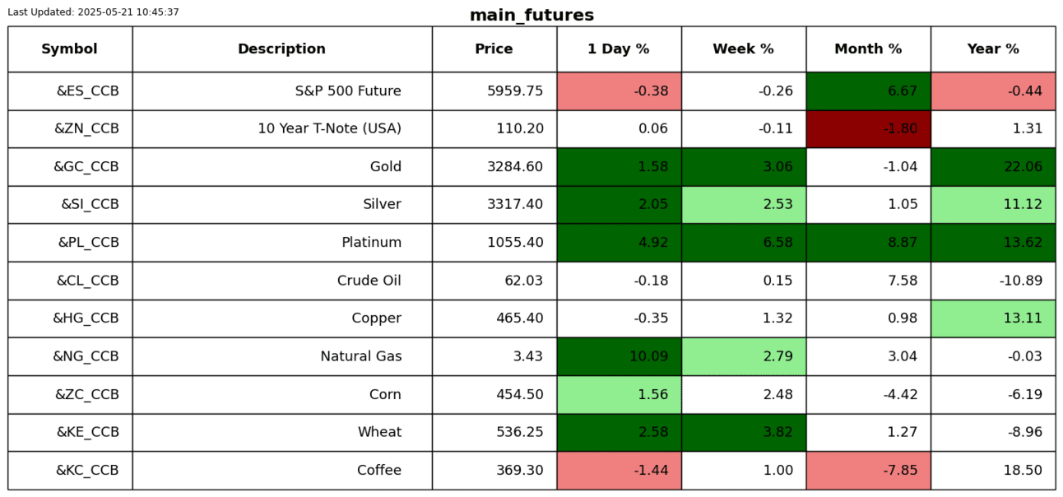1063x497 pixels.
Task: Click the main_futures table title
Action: [531, 15]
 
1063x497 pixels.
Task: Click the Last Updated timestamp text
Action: [94, 12]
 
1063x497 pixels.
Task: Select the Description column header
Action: [282, 49]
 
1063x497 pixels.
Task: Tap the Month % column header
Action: [868, 49]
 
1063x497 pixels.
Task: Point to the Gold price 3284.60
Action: [515, 166]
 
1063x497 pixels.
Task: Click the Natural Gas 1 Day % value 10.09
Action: [648, 356]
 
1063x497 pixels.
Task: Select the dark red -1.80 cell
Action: [869, 129]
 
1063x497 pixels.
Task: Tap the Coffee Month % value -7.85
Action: [900, 470]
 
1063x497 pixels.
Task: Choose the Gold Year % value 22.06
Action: [1023, 166]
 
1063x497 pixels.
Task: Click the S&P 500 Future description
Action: [348, 91]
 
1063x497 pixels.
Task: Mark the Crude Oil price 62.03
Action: [523, 281]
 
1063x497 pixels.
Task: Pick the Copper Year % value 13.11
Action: [1023, 318]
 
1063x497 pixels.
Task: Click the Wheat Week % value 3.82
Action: [778, 432]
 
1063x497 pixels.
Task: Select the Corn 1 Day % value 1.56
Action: [653, 394]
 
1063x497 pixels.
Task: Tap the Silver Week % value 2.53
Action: [778, 204]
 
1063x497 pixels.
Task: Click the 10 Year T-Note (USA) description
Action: [329, 128]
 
